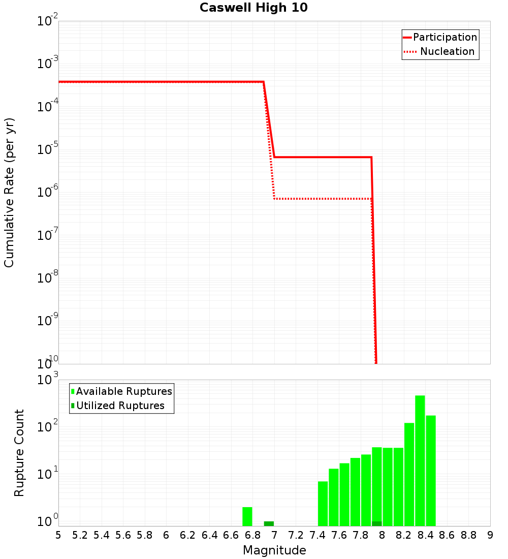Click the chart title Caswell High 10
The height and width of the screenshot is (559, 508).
(253, 8)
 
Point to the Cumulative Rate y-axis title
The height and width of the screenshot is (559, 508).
(9, 193)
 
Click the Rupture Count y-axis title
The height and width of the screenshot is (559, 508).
(19, 453)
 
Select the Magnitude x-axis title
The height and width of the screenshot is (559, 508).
(274, 550)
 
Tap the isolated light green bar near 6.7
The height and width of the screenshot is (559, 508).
(247, 516)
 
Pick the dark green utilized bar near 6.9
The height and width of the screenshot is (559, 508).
(269, 523)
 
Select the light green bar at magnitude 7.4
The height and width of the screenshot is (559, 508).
(323, 503)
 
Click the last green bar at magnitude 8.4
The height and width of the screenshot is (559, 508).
(431, 471)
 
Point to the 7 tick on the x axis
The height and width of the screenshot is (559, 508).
(274, 535)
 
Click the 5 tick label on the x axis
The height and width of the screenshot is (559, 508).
(58, 535)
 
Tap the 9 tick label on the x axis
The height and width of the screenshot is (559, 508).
(490, 535)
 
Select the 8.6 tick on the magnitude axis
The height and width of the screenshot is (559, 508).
(447, 535)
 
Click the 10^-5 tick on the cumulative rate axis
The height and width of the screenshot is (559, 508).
(48, 149)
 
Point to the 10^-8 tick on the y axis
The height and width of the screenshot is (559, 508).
(48, 278)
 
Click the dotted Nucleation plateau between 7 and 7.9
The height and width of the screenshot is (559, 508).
(323, 199)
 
